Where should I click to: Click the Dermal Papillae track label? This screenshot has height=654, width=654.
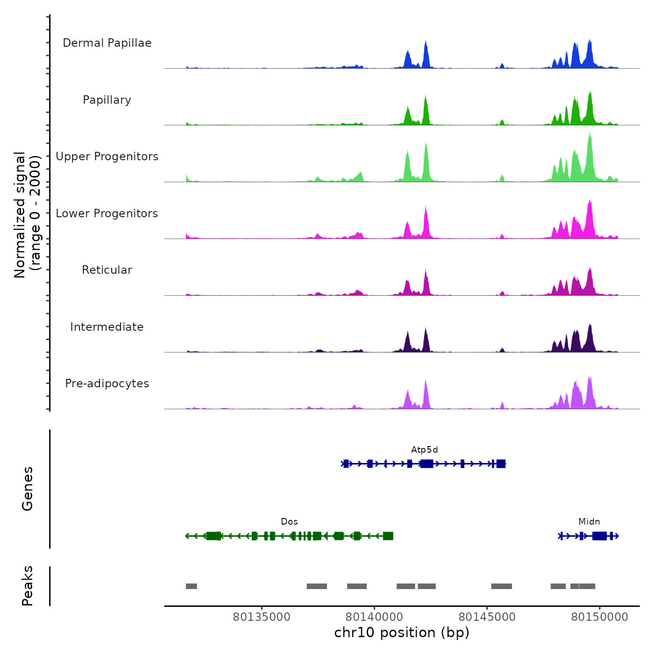(x=107, y=43)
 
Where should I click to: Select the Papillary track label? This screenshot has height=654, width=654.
(x=107, y=100)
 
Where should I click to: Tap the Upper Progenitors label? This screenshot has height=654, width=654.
(x=107, y=156)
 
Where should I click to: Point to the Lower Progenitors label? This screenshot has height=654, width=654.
(x=107, y=213)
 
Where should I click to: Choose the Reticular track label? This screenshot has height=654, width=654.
(x=107, y=270)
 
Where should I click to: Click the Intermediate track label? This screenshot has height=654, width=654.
(x=107, y=327)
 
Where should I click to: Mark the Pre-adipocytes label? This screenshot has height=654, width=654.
(x=107, y=384)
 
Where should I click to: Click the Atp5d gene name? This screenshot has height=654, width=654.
(x=424, y=450)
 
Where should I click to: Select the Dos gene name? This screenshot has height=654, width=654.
(x=289, y=522)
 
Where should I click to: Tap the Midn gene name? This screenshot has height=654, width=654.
(x=589, y=522)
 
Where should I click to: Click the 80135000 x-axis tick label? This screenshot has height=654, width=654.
(x=262, y=617)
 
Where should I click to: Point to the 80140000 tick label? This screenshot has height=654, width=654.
(x=374, y=617)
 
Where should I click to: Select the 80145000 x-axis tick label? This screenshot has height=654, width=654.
(x=487, y=617)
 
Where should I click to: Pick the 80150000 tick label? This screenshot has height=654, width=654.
(x=600, y=617)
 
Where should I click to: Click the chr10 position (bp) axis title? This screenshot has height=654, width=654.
(x=402, y=633)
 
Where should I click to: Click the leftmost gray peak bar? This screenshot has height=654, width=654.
(x=191, y=586)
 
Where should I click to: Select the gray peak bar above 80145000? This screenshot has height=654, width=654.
(x=501, y=586)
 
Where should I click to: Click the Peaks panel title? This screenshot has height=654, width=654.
(x=28, y=586)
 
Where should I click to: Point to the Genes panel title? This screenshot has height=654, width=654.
(x=28, y=489)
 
